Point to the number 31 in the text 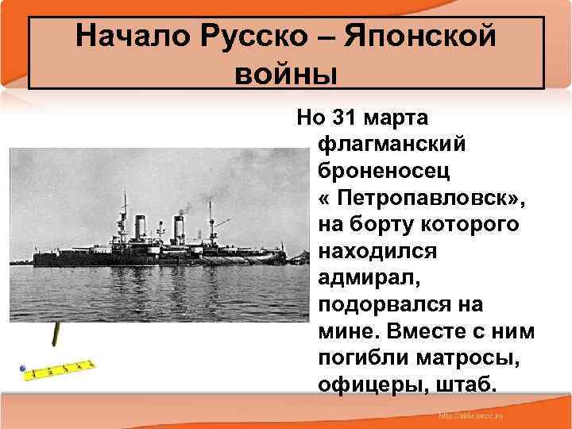[x=343, y=118]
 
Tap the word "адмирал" [x=365, y=279]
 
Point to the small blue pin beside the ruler [x=24, y=370]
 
